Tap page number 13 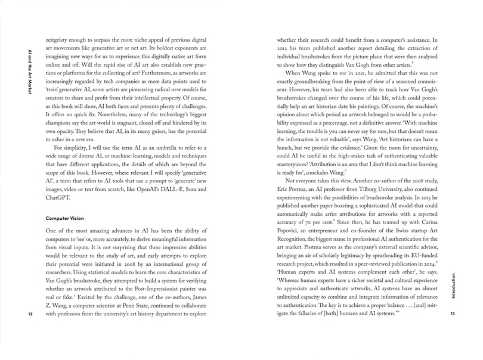pos(453,314)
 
